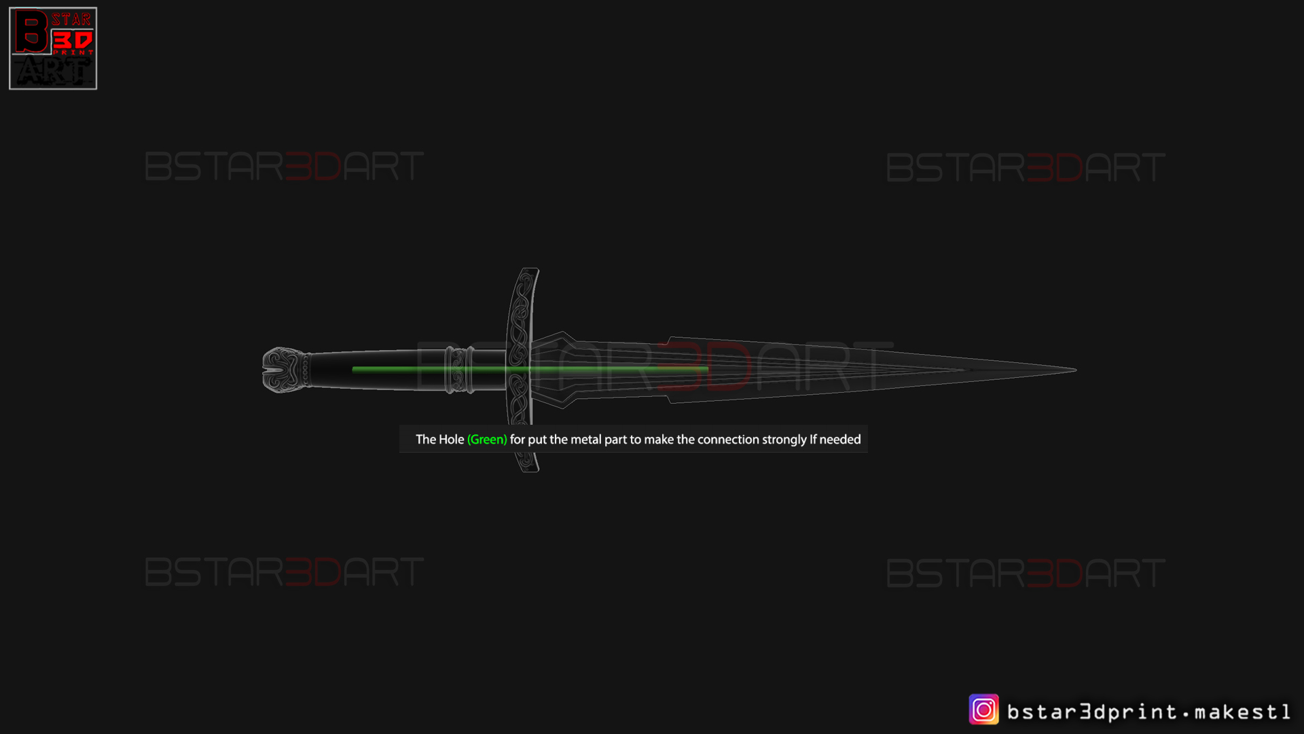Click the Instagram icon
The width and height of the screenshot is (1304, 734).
pyautogui.click(x=983, y=710)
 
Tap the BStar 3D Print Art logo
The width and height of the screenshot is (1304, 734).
pyautogui.click(x=53, y=48)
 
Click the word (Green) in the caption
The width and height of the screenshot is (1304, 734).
pyautogui.click(x=487, y=440)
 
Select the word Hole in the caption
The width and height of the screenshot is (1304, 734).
pyautogui.click(x=452, y=440)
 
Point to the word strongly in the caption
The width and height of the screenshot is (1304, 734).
pyautogui.click(x=784, y=440)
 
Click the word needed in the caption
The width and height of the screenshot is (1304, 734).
pyautogui.click(x=840, y=440)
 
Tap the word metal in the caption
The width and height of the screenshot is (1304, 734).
pyautogui.click(x=586, y=440)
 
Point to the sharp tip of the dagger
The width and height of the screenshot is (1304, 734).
pyautogui.click(x=1076, y=370)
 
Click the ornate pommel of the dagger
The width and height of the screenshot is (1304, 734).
pyautogui.click(x=285, y=370)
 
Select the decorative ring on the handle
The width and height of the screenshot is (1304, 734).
pyautogui.click(x=460, y=370)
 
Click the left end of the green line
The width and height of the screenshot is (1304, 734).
pyautogui.click(x=353, y=369)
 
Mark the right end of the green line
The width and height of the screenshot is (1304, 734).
pyautogui.click(x=708, y=369)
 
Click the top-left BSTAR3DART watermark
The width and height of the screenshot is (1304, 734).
pyautogui.click(x=285, y=167)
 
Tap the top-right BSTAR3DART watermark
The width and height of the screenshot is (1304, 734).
pyautogui.click(x=1026, y=168)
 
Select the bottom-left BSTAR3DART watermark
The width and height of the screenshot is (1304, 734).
pyautogui.click(x=285, y=572)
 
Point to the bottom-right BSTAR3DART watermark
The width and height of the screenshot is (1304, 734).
pyautogui.click(x=1026, y=573)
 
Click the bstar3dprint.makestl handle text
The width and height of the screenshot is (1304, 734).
pyautogui.click(x=1148, y=712)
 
